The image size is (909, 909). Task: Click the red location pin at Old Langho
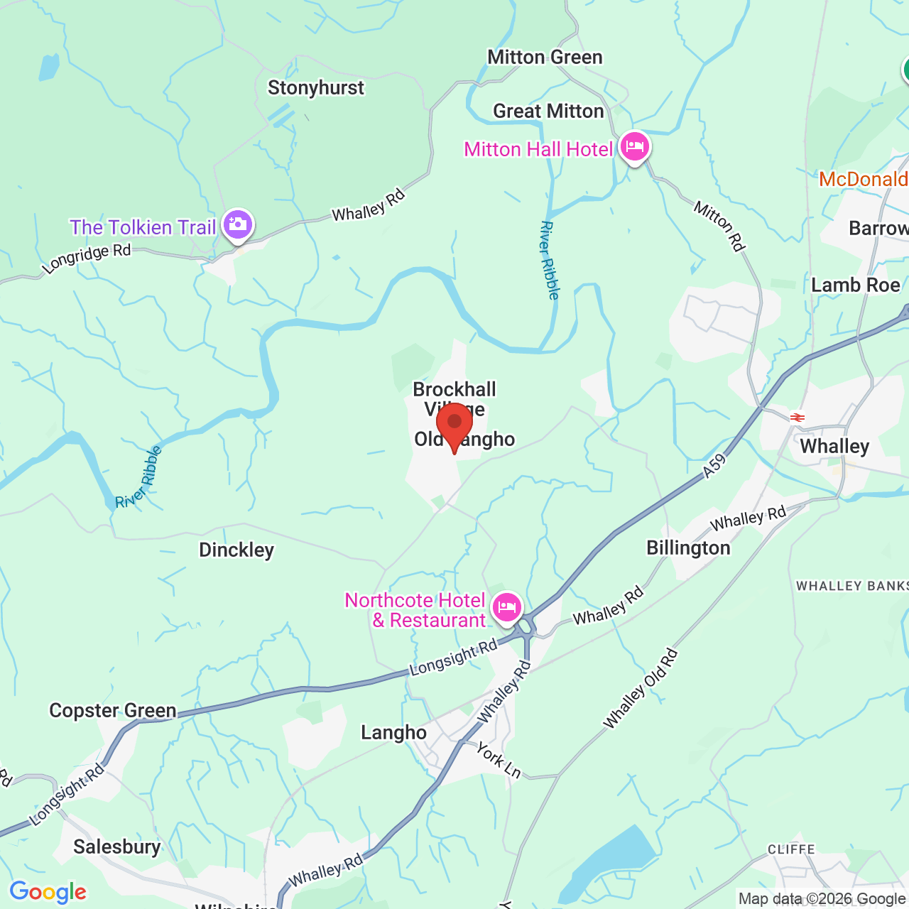454,424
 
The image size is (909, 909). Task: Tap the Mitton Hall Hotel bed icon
635,147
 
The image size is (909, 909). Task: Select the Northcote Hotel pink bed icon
507,608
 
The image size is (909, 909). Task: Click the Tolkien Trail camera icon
237,226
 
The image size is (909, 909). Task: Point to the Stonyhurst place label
316,88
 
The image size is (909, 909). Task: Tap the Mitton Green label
545,58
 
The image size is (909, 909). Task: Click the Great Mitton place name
548,111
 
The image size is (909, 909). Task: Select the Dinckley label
236,550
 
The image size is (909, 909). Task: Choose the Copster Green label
113,711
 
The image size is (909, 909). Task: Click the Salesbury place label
117,847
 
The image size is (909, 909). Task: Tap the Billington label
688,548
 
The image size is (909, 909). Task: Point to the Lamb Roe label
856,285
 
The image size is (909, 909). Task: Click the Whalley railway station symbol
798,418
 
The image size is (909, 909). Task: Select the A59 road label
715,465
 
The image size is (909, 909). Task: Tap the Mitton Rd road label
719,226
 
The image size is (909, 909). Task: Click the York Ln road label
499,761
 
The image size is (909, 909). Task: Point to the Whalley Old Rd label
641,689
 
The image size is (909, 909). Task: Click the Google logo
48,892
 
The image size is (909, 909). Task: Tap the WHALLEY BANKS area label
852,586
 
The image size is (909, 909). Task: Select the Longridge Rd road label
87,258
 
